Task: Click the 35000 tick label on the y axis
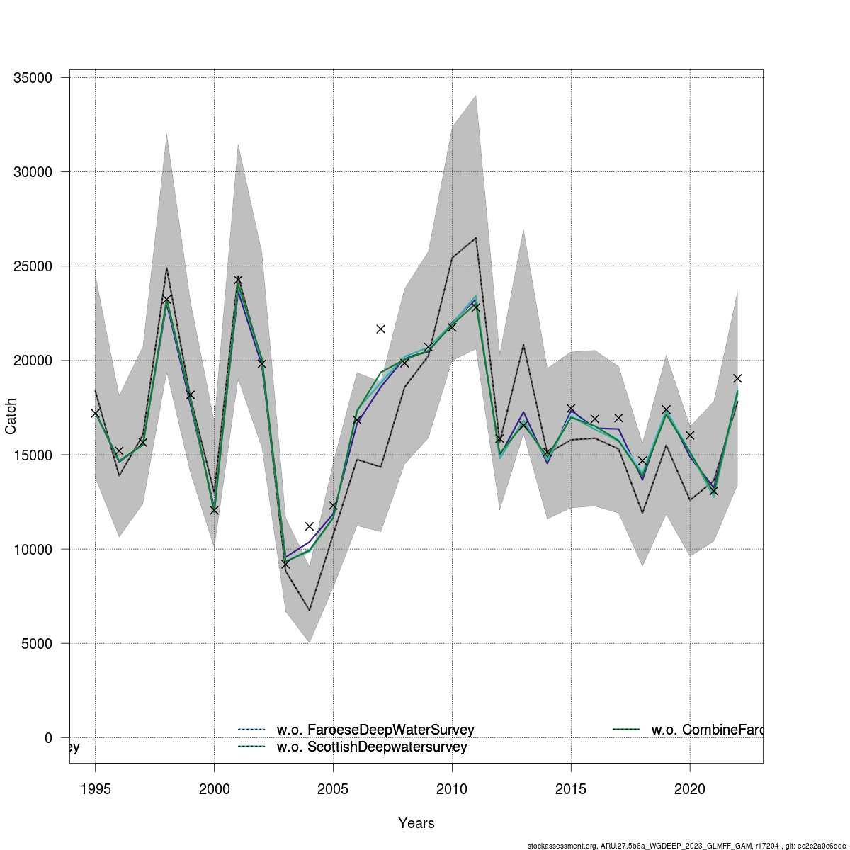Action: click(33, 78)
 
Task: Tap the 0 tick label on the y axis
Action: click(48, 738)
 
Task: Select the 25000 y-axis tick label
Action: click(33, 266)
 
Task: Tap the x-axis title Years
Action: click(416, 823)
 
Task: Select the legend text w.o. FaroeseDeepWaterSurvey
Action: click(375, 730)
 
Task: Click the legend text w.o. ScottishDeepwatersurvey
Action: click(372, 747)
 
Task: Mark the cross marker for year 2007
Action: click(380, 329)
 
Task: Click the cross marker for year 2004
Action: click(309, 526)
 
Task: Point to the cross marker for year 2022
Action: click(737, 378)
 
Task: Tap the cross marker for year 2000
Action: click(214, 509)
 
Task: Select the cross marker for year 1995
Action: click(96, 413)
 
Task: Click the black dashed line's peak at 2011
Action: click(476, 238)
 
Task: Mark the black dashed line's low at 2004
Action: click(309, 610)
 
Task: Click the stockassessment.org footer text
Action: click(687, 846)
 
